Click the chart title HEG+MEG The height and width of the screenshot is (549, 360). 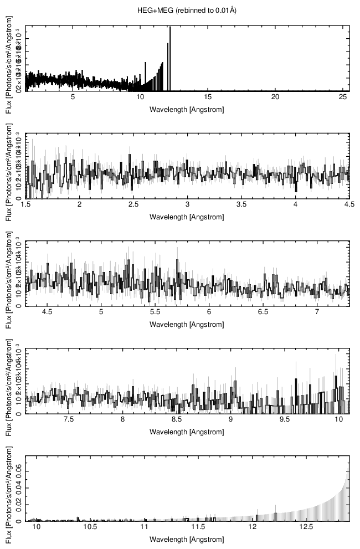point(187,11)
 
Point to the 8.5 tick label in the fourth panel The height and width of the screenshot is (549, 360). point(177,420)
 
